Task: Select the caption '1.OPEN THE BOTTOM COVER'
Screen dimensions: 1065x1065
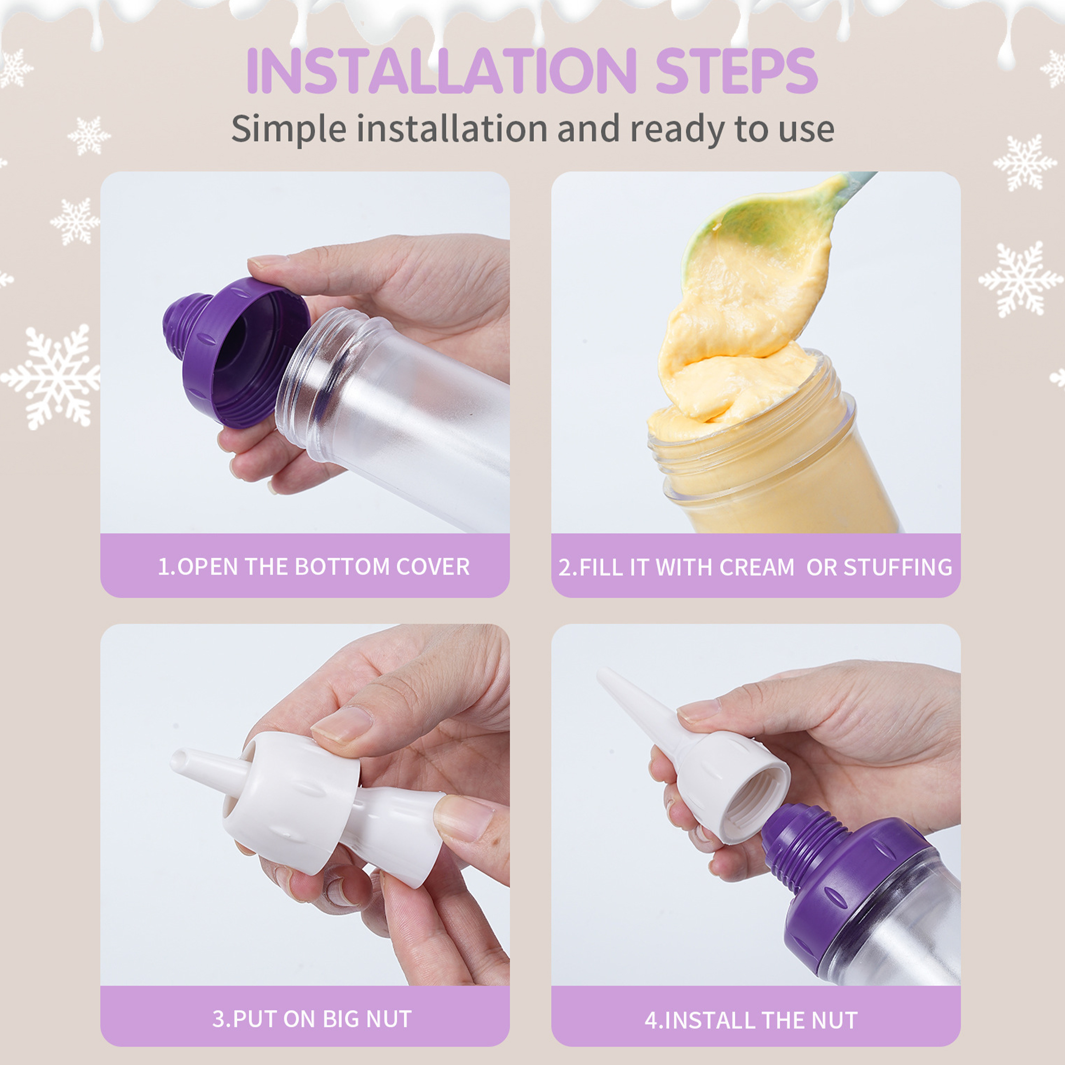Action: tap(314, 567)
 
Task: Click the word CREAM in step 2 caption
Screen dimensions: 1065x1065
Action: tap(756, 567)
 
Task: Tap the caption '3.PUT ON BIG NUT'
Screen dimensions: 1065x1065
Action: tap(312, 1019)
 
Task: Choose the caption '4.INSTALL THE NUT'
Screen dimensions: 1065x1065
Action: tap(751, 1020)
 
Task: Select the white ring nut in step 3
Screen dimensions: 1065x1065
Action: tap(292, 802)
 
